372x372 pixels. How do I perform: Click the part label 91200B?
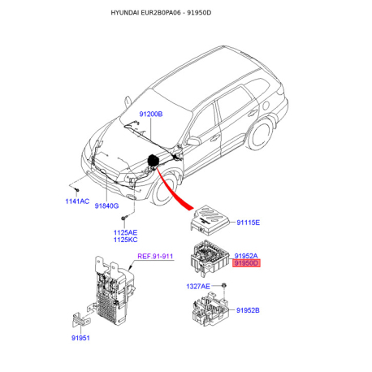[151, 114]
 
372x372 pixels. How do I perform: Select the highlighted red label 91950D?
[246, 263]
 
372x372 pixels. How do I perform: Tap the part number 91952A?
[246, 256]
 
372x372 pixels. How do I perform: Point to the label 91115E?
[248, 223]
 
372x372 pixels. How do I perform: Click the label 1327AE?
[198, 286]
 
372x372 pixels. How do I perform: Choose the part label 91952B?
[248, 310]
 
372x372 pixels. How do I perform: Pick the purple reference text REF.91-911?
[155, 256]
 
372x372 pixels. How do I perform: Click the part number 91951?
[80, 338]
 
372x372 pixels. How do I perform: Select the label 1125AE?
[125, 232]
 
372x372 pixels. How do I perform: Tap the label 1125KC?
[125, 240]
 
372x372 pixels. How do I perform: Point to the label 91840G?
[106, 205]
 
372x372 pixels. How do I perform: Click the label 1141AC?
[77, 201]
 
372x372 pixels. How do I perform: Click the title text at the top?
[161, 13]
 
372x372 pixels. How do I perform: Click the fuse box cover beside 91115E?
[210, 219]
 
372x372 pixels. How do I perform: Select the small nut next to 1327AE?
[224, 285]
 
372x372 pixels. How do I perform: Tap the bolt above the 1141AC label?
[77, 190]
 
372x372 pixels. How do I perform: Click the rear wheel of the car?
[260, 134]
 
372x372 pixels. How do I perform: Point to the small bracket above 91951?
[81, 321]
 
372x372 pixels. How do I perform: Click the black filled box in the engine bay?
[153, 160]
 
